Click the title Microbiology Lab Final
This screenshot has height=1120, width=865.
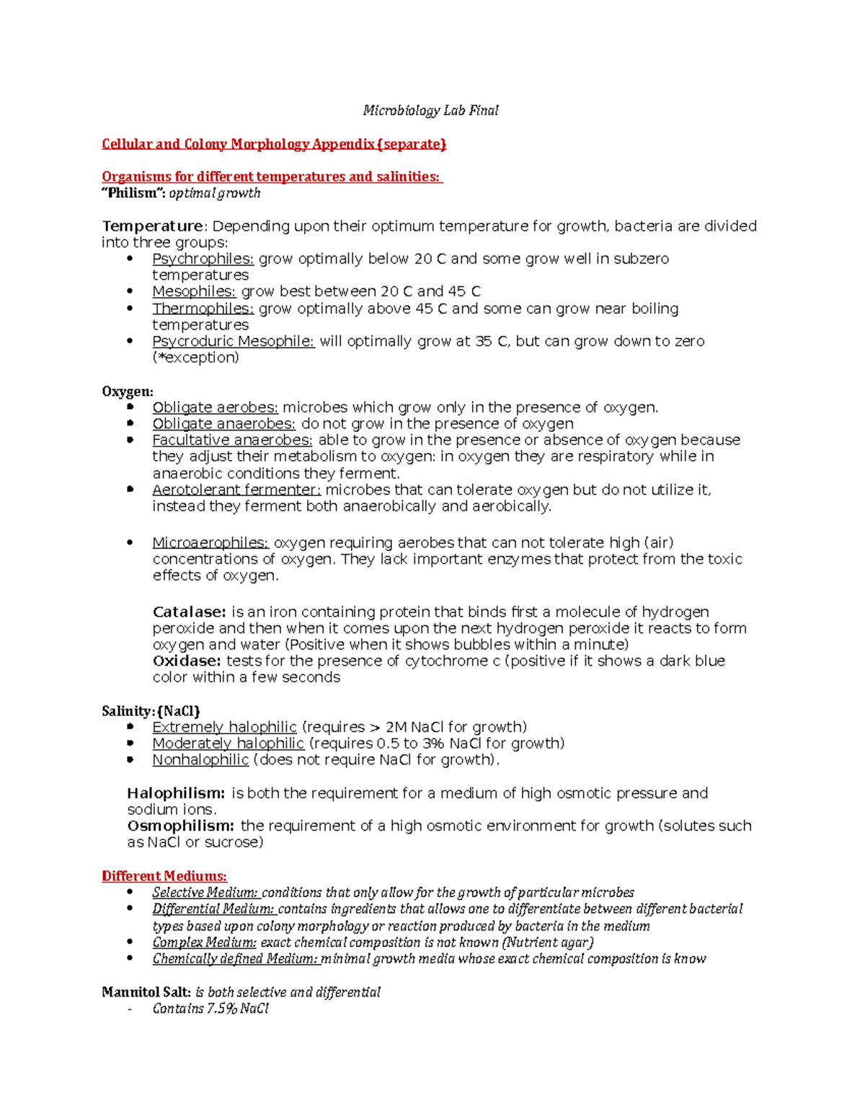(430, 110)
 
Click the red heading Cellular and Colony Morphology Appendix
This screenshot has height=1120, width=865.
(274, 144)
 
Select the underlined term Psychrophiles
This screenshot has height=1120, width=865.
(203, 258)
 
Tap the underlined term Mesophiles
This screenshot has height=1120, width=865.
(194, 291)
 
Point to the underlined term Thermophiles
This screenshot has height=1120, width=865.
(203, 308)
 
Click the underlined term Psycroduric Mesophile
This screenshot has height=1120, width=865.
(233, 341)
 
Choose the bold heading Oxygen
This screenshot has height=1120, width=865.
(128, 391)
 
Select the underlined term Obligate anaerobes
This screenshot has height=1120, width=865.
(223, 423)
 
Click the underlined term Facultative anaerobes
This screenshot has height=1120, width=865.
(232, 440)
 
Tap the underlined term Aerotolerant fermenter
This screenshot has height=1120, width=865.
(236, 490)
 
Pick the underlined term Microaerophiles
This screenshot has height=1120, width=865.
(210, 542)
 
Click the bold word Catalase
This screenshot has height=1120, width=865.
(189, 612)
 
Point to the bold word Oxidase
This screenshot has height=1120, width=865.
(187, 661)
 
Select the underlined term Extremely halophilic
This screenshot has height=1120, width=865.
(224, 727)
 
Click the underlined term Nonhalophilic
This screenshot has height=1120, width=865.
(200, 759)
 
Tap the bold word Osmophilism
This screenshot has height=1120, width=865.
(180, 826)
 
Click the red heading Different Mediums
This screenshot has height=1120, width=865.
(164, 876)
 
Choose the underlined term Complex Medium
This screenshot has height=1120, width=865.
(204, 942)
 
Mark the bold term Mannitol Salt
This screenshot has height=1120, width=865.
(146, 992)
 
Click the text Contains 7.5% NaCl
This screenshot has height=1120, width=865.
(210, 1008)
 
